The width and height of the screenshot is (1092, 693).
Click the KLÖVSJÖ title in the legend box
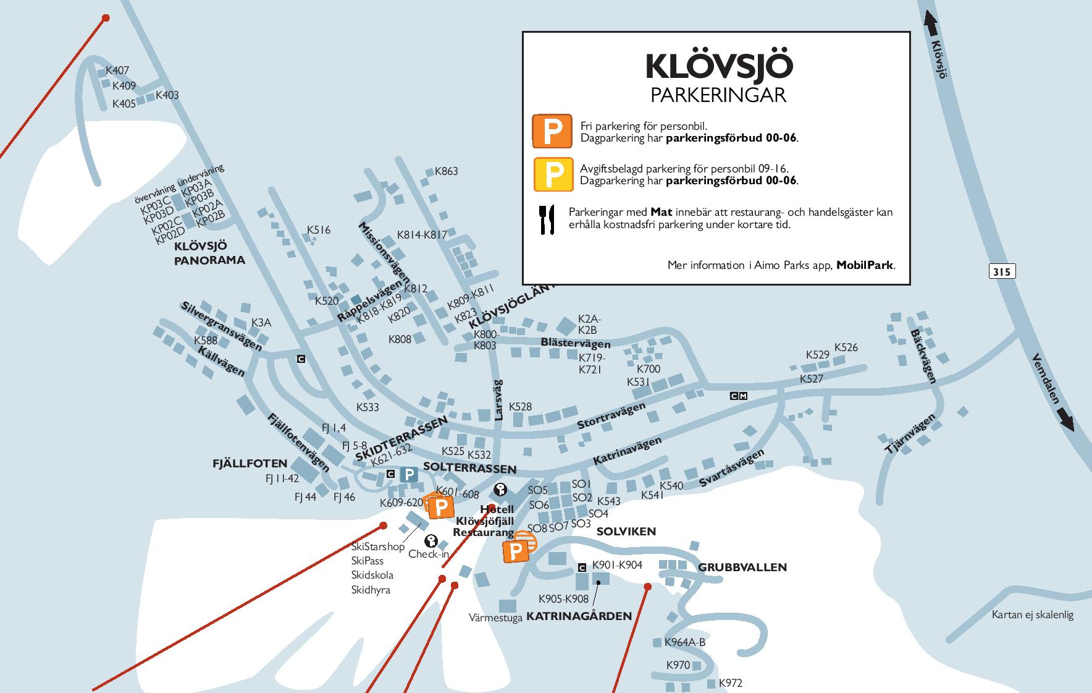click(719, 67)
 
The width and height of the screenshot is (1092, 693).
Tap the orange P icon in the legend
click(552, 131)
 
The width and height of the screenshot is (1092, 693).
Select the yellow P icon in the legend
click(552, 174)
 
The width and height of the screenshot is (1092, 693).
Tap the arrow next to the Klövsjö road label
click(931, 24)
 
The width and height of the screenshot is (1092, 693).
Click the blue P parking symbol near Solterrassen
click(409, 475)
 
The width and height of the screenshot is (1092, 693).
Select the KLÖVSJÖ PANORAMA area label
click(209, 253)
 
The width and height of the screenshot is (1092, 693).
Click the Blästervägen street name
click(575, 343)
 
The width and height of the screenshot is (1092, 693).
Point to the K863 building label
click(447, 171)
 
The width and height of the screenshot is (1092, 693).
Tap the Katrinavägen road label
click(627, 451)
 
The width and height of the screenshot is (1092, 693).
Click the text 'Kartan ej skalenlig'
click(1032, 614)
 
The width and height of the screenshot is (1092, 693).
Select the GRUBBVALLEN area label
click(742, 567)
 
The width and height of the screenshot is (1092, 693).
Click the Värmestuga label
click(495, 618)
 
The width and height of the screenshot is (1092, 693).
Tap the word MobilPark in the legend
click(864, 265)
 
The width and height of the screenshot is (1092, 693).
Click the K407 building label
click(117, 70)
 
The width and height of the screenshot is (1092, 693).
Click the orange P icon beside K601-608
click(440, 508)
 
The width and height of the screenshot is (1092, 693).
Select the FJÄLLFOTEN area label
click(250, 463)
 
